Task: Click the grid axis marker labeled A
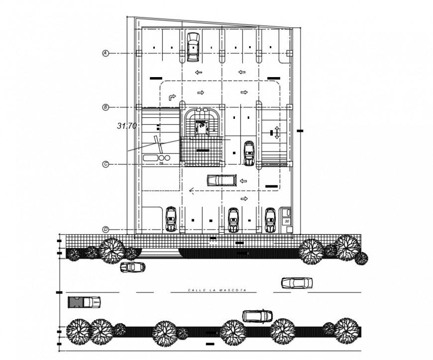click(x=106, y=53)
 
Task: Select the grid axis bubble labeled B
click(x=106, y=107)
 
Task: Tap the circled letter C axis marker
click(x=106, y=164)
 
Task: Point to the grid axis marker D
click(x=106, y=229)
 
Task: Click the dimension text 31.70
click(x=126, y=126)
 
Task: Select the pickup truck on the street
click(x=84, y=301)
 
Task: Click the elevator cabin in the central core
click(x=202, y=127)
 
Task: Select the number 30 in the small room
click(x=286, y=219)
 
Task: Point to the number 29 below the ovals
click(x=162, y=162)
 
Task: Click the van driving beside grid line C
click(x=221, y=180)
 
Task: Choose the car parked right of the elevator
click(x=249, y=154)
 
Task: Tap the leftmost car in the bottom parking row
click(x=171, y=219)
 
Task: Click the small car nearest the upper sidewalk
click(x=133, y=267)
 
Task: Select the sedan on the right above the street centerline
click(x=297, y=283)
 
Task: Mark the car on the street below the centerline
click(x=257, y=316)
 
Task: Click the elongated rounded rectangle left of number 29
click(x=149, y=157)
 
